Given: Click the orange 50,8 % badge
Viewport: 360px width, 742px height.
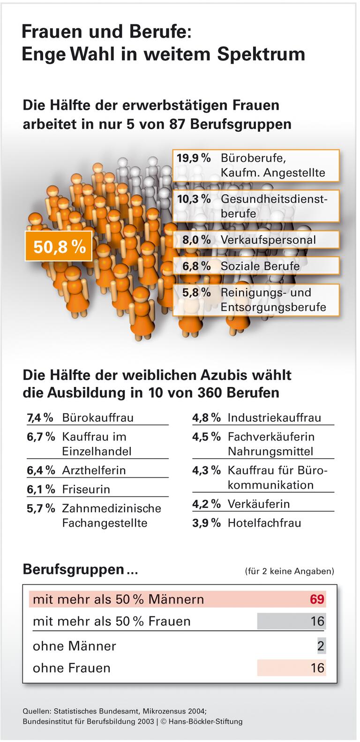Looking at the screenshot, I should (59, 246).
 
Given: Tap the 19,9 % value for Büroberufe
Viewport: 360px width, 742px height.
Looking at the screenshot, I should (194, 158).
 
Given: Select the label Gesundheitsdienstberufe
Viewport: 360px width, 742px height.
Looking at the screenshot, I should (274, 206).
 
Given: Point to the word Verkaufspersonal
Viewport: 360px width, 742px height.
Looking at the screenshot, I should (268, 240).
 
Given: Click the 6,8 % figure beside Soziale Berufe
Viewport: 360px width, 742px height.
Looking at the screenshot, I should (196, 266).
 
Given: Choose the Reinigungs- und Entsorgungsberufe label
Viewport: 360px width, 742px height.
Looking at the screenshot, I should (273, 300).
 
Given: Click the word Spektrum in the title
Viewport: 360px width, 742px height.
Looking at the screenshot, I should (261, 54).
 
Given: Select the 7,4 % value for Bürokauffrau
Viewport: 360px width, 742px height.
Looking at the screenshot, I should (40, 417).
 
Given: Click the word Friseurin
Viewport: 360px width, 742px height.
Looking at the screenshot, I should (86, 489).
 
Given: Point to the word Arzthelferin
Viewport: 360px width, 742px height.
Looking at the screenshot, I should (94, 470).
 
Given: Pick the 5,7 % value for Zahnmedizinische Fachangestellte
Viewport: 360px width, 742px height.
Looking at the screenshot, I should (41, 508).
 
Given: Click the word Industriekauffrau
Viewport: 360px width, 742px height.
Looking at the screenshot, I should (274, 417).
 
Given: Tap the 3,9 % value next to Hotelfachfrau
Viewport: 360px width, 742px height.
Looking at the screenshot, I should (206, 523).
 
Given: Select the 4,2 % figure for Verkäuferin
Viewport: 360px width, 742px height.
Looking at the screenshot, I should (206, 504).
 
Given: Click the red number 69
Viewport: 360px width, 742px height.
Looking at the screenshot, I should (317, 599).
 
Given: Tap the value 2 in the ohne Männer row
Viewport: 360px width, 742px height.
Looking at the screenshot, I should (321, 646).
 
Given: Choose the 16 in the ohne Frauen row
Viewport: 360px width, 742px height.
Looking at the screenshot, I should (317, 668).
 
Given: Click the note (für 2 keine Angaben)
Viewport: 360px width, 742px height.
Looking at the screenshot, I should (289, 571).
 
